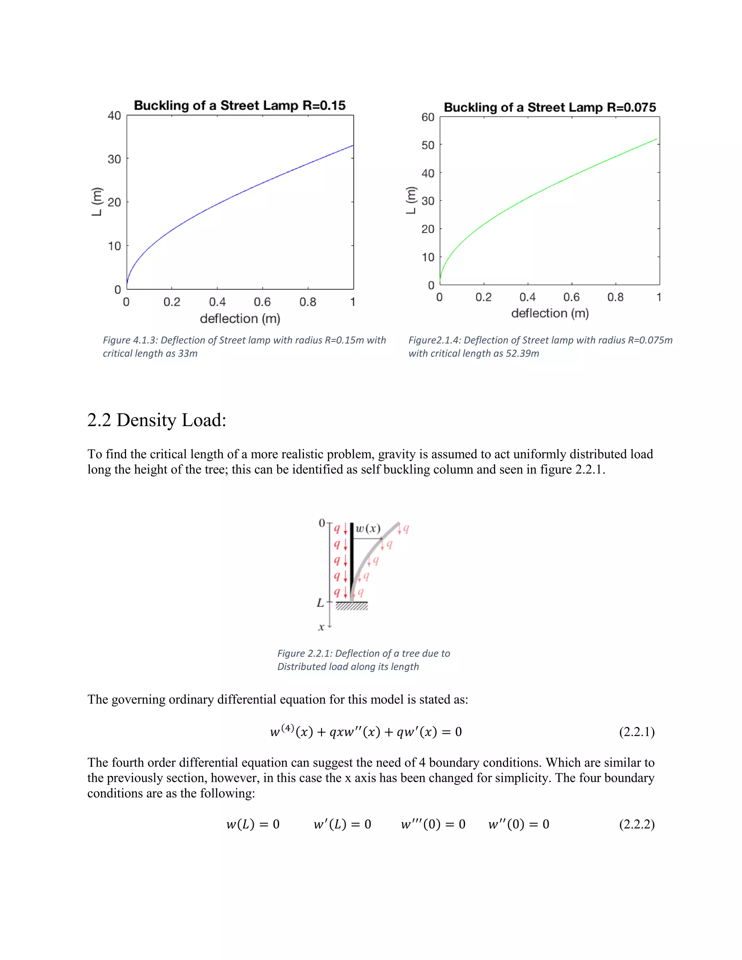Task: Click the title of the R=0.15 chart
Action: (239, 105)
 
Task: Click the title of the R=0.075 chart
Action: (550, 107)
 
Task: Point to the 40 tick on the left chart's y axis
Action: (114, 116)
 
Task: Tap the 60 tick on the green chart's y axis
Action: (428, 117)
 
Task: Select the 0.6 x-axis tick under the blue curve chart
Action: (262, 302)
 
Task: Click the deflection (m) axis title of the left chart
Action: (240, 319)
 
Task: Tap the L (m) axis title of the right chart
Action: (410, 200)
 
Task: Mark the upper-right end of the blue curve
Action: (353, 146)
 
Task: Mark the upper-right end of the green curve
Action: (656, 139)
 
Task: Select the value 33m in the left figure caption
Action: (188, 354)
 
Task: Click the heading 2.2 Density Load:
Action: (157, 420)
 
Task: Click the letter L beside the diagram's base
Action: (320, 603)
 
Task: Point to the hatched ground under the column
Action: (352, 606)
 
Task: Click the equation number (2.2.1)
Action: (637, 732)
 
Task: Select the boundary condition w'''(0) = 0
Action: (433, 824)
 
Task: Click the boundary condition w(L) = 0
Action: (253, 824)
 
